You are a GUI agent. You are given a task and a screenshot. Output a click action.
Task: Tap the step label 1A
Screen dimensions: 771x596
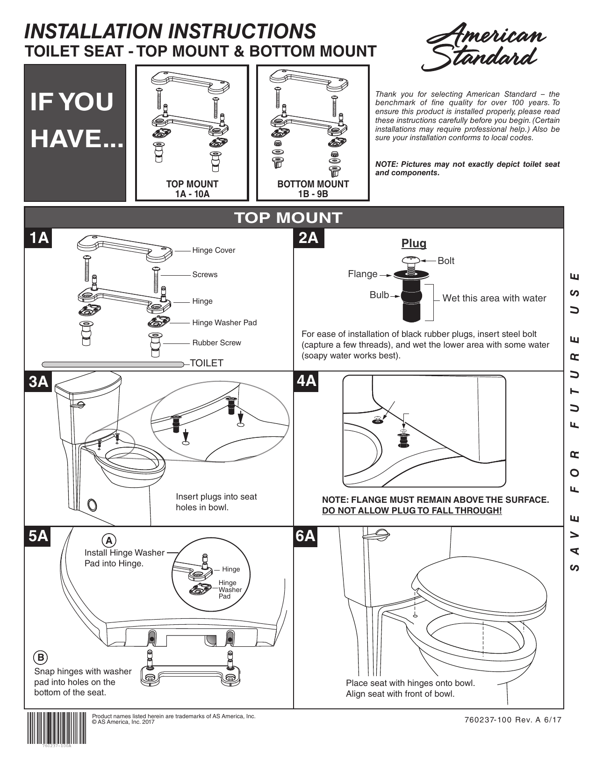(x=39, y=238)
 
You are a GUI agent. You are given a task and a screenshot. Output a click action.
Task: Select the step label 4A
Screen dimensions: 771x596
(x=307, y=381)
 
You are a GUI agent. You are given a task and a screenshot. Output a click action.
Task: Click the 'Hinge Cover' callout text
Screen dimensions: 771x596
(x=214, y=250)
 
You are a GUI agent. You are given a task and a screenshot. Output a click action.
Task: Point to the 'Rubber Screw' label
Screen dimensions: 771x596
(x=216, y=343)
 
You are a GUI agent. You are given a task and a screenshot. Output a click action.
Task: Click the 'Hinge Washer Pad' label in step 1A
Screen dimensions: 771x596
(x=224, y=323)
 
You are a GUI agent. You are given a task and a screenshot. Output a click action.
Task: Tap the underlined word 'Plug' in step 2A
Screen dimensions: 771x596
(x=414, y=243)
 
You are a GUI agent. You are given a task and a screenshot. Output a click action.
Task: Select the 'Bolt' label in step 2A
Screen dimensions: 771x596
(x=445, y=261)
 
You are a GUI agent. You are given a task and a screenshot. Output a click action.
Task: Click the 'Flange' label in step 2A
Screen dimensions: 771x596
(x=362, y=274)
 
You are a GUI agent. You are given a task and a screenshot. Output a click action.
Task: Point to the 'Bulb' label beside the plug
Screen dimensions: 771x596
(x=379, y=295)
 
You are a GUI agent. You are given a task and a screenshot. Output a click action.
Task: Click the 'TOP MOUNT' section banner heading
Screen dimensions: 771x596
(x=288, y=218)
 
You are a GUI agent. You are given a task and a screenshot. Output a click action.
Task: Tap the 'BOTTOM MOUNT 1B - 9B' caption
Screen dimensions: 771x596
(x=313, y=189)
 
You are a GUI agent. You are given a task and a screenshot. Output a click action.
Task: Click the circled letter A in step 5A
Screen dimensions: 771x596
(x=109, y=541)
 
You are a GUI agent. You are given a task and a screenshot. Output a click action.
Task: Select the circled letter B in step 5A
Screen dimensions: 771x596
(x=41, y=657)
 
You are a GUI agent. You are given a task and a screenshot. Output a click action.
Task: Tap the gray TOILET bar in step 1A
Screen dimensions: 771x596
(x=112, y=364)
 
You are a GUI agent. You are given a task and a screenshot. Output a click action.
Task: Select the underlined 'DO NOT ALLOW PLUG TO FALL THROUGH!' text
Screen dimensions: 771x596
(x=412, y=511)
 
